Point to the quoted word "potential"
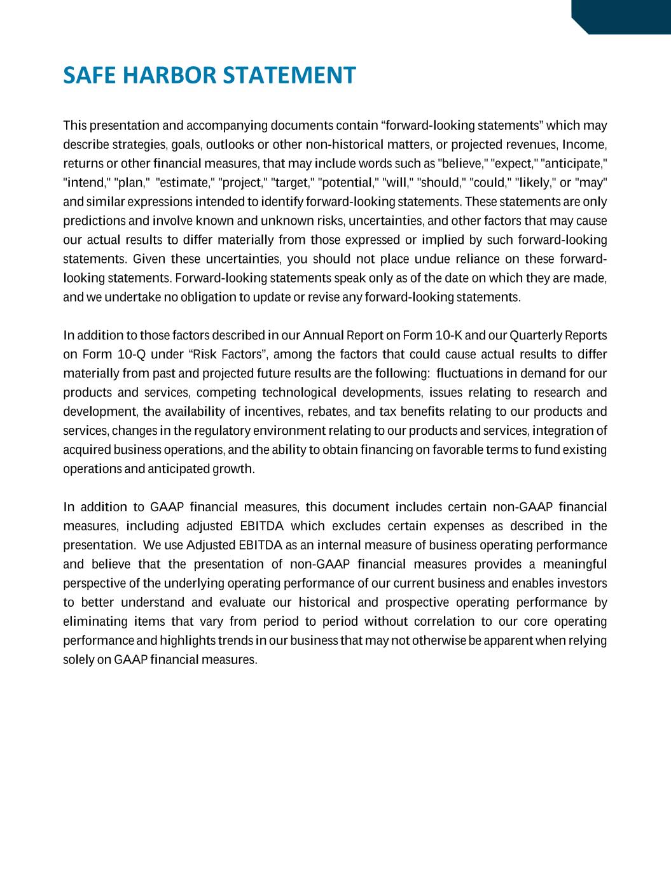point(347,183)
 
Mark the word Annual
point(324,336)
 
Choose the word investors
point(581,584)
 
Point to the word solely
point(79,660)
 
